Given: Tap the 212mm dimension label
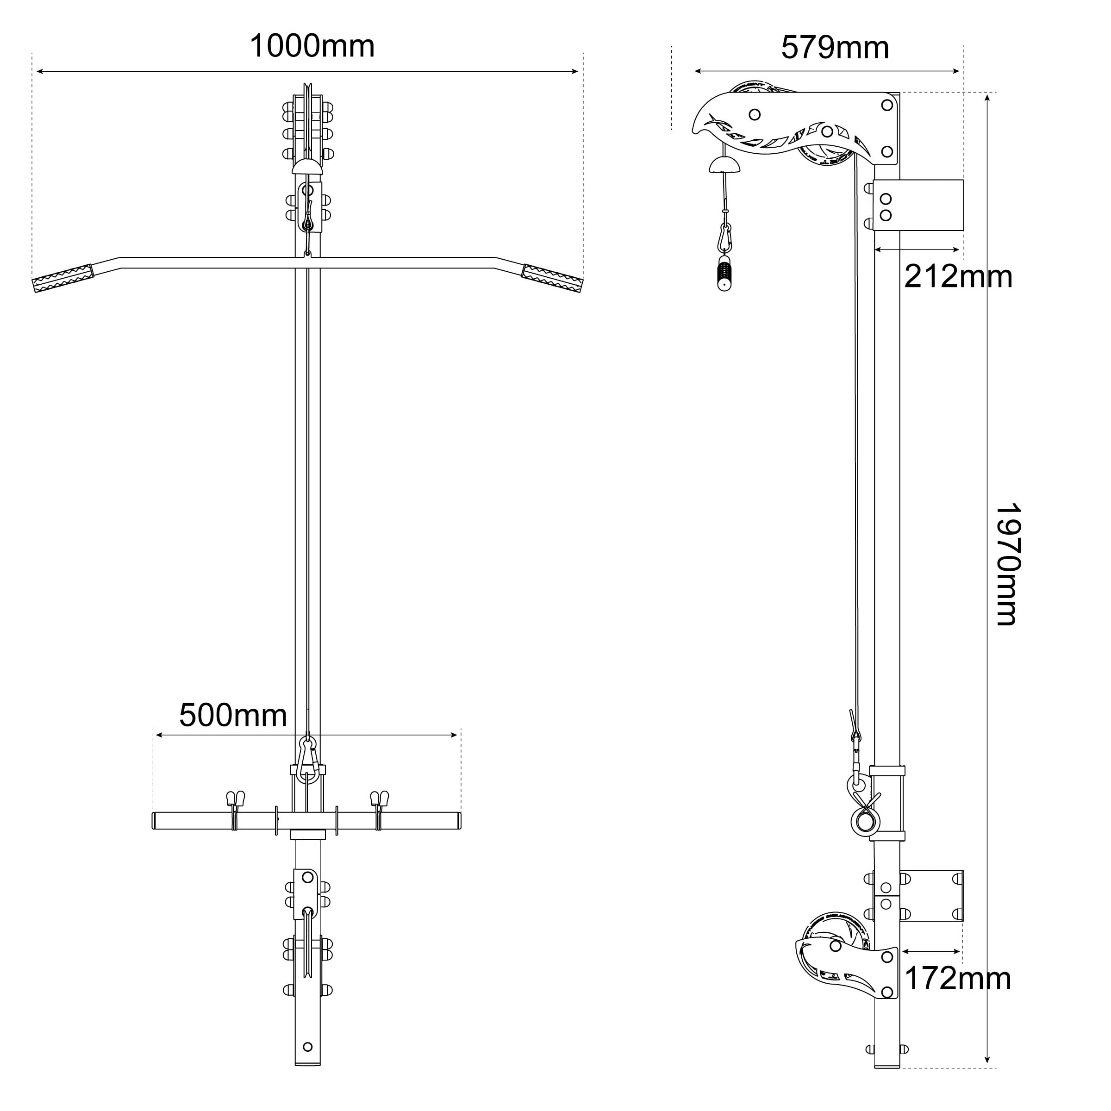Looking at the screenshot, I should pyautogui.click(x=957, y=277).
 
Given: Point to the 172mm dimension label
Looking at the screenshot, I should pyautogui.click(x=957, y=978).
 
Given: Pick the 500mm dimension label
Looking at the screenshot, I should pyautogui.click(x=233, y=715).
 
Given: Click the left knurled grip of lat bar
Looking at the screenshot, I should pyautogui.click(x=63, y=278).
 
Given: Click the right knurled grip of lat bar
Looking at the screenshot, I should pyautogui.click(x=552, y=278).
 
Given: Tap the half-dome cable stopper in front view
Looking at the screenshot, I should pyautogui.click(x=308, y=167).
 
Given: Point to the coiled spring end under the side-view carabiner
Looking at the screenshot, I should pyautogui.click(x=724, y=275).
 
